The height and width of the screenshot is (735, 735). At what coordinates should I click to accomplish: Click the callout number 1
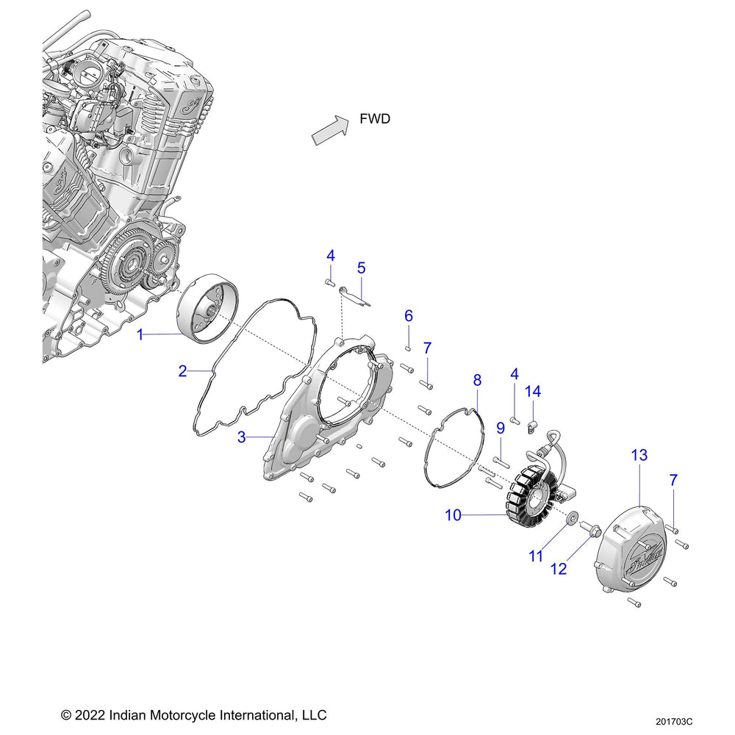(x=140, y=335)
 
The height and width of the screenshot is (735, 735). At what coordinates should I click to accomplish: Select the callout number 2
(x=182, y=371)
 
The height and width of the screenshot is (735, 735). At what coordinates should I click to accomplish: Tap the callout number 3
(x=242, y=437)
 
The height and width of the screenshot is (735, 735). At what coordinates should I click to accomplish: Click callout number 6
(x=409, y=316)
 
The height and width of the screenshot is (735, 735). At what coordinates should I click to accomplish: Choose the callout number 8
(x=477, y=380)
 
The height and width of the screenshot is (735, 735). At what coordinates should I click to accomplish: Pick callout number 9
(x=501, y=428)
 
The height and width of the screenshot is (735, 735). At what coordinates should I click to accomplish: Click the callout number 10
(x=453, y=515)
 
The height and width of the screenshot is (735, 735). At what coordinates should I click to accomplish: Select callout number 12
(x=559, y=568)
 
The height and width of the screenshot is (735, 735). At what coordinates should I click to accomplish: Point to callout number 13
(x=639, y=456)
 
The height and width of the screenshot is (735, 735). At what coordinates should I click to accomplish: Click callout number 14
(x=533, y=392)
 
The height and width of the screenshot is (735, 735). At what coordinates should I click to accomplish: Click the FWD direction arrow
(x=329, y=129)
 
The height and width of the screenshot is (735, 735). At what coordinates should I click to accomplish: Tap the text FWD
(x=375, y=119)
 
